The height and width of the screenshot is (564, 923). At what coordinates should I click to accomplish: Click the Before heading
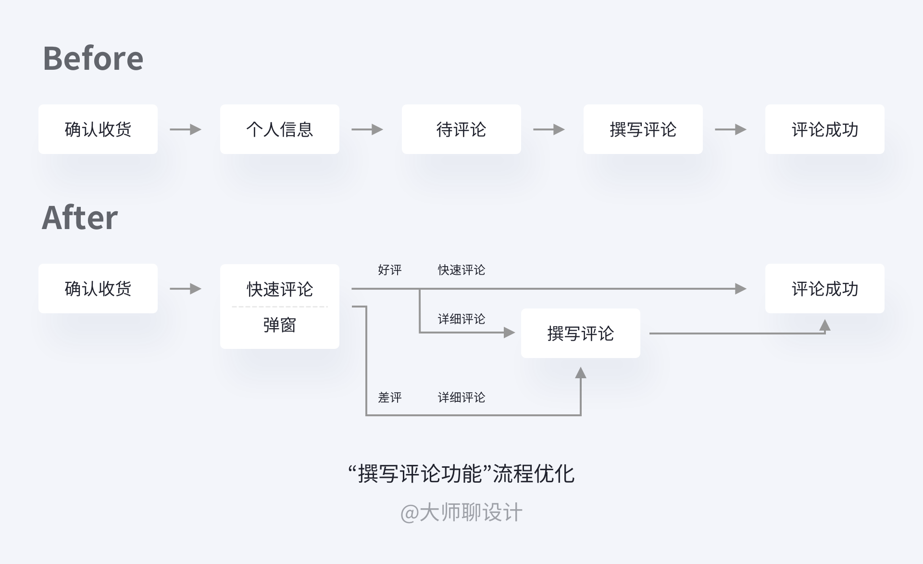[x=93, y=59]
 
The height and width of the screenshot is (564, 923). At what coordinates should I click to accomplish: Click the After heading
[x=80, y=218]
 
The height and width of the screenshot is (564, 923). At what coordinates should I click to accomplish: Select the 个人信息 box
[x=279, y=129]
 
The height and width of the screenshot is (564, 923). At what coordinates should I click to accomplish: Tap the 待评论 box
[x=461, y=129]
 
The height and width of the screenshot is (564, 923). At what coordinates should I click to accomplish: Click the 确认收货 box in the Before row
[x=98, y=129]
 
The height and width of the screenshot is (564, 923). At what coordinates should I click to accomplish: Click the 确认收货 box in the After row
[x=98, y=289]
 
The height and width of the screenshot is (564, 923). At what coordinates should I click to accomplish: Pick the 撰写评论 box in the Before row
[x=643, y=129]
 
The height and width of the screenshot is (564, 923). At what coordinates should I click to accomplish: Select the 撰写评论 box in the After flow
[x=580, y=333]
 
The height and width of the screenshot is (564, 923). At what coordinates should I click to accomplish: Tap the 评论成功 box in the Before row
[x=824, y=129]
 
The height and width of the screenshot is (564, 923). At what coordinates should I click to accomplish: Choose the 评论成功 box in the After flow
[x=824, y=289]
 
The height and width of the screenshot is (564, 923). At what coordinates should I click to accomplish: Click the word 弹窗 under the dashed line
[x=279, y=325]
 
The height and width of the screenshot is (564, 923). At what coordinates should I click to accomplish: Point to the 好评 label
[x=389, y=270]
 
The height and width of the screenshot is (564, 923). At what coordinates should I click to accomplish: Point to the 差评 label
[x=389, y=397]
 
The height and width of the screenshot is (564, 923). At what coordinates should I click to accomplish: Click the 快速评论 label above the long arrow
[x=461, y=270]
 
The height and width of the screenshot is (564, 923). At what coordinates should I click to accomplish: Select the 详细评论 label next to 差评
[x=461, y=397]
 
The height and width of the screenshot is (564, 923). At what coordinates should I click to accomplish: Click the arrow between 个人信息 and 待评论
[x=367, y=129]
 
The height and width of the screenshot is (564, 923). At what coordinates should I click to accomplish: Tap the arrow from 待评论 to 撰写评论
[x=549, y=129]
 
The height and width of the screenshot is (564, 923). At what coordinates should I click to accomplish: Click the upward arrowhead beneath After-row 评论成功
[x=825, y=326]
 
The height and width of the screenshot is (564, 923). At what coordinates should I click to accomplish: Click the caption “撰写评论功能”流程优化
[x=461, y=474]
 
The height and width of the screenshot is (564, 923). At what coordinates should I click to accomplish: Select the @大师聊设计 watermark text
[x=461, y=513]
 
